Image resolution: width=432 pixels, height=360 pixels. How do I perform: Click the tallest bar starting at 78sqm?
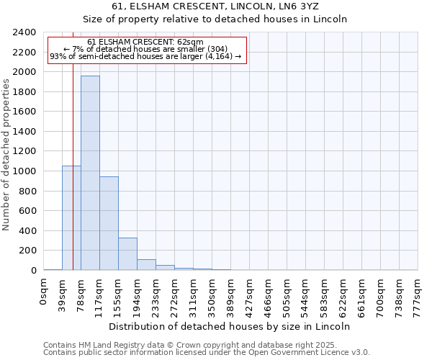coord(90,173)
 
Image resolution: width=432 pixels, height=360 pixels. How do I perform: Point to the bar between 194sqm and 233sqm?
coord(146,264)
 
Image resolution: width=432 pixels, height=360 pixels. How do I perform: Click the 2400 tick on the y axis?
coord(25,32)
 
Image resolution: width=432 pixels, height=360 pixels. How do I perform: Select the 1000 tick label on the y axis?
coord(25,171)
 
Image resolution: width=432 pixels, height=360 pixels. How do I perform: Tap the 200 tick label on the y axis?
coord(28,251)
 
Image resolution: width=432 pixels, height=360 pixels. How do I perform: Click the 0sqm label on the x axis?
coord(43,292)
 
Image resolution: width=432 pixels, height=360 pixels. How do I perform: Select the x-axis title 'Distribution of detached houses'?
coord(230,326)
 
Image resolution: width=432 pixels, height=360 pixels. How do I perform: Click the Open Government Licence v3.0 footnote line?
coord(207,353)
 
